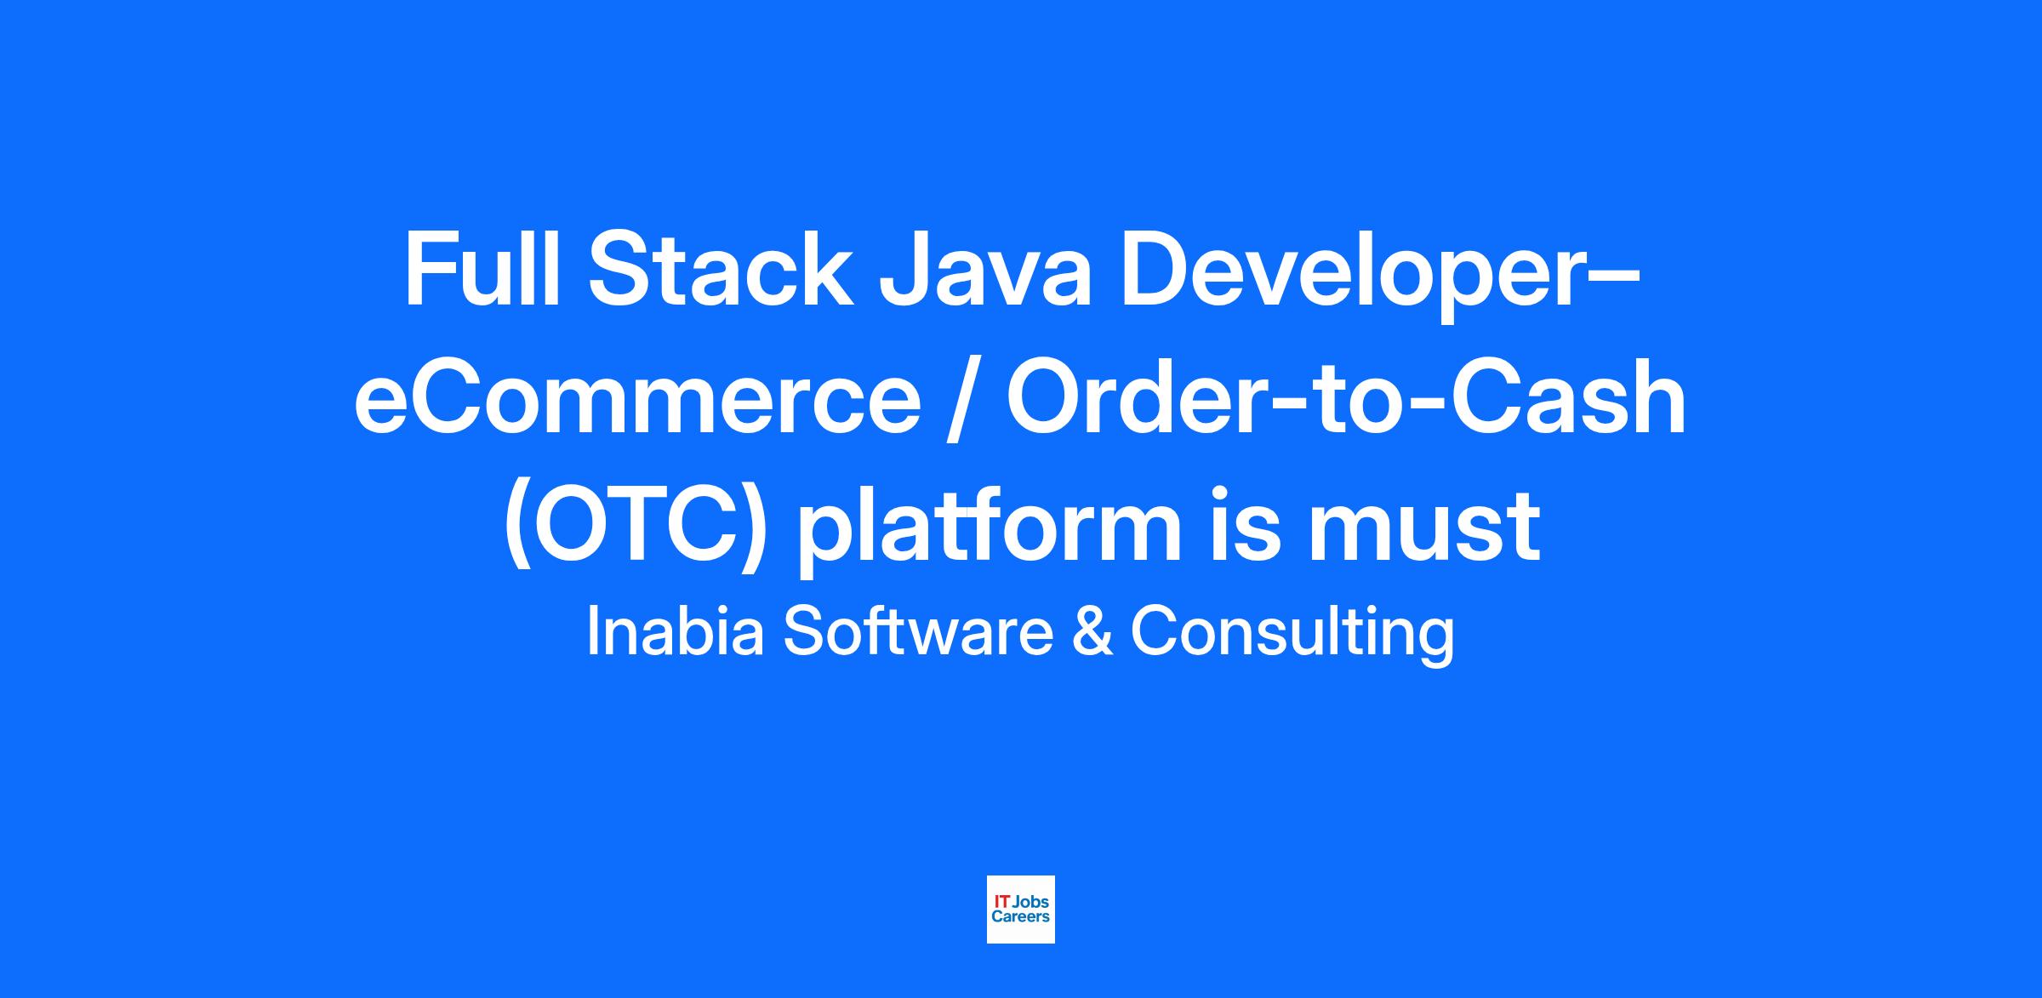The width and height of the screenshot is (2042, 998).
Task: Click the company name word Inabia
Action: (676, 633)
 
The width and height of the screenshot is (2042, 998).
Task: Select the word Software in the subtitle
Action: (919, 633)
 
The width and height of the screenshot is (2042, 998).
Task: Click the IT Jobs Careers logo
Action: (1020, 910)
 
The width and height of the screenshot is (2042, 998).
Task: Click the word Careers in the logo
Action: (1020, 916)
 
